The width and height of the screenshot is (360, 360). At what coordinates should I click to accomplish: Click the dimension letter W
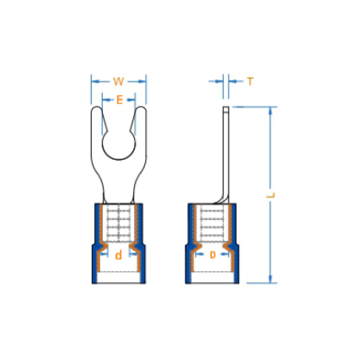119,82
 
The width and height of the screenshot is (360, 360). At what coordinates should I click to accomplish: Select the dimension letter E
120,100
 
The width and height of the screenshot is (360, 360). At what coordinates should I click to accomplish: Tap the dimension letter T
250,82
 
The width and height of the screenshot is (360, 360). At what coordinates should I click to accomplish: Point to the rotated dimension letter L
271,195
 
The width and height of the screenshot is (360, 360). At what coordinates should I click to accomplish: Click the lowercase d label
118,255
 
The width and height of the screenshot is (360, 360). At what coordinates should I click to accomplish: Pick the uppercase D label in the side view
213,255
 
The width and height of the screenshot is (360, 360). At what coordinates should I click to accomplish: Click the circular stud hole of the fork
119,144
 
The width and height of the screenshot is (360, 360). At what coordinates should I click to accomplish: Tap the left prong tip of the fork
96,107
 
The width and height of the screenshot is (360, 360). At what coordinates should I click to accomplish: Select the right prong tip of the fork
141,107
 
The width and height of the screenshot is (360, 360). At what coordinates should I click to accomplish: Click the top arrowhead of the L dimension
270,111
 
